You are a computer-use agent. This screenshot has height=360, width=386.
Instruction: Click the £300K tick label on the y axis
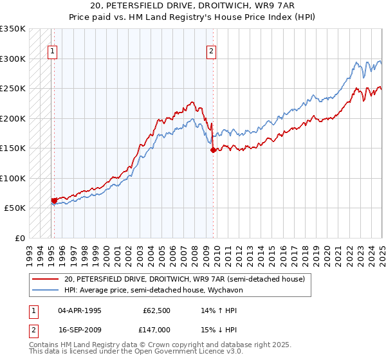pos(13,59)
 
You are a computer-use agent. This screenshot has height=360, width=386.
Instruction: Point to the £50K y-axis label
pos(15,208)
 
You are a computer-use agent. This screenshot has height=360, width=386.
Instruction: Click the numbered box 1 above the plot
pos(52,53)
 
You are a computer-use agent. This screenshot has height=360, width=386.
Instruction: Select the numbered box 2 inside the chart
pos(211,53)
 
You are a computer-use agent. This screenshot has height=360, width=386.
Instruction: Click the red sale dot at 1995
pos(54,201)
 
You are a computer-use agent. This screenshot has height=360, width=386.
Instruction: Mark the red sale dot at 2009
pos(213,150)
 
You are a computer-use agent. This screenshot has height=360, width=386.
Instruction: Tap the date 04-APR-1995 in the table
pos(80,310)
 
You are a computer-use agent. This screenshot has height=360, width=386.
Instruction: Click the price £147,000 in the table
pos(157,328)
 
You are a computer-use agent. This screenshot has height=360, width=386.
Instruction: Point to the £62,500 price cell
pos(157,310)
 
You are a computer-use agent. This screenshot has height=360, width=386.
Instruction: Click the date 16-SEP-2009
pos(80,328)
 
